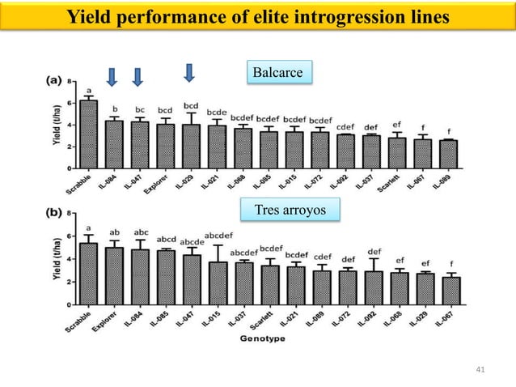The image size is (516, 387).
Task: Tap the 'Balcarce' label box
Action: [x=278, y=74]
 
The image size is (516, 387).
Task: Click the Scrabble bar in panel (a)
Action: [x=88, y=134]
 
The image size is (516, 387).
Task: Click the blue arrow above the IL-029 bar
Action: [x=189, y=73]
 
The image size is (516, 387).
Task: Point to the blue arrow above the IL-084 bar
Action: [x=112, y=76]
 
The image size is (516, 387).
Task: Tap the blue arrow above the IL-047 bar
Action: [x=137, y=76]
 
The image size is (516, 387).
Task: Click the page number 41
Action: [x=480, y=370]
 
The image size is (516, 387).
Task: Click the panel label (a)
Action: [x=51, y=81]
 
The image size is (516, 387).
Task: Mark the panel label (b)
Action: [x=51, y=217]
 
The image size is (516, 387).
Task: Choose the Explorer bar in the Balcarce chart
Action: [x=165, y=146]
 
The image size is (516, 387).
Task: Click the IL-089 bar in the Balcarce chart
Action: [x=447, y=154]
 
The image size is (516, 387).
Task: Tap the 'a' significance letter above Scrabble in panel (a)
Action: [x=88, y=91]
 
